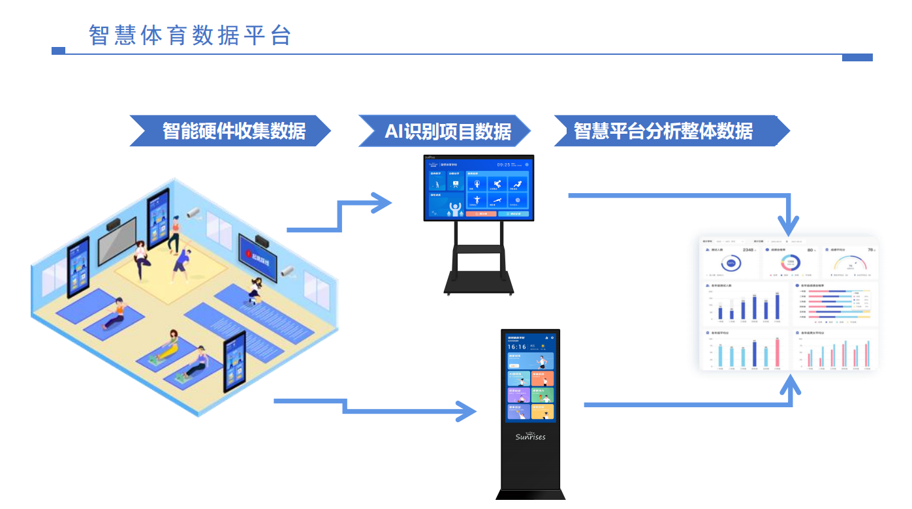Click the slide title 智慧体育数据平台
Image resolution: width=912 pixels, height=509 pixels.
click(x=189, y=35)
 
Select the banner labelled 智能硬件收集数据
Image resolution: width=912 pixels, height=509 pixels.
click(x=233, y=131)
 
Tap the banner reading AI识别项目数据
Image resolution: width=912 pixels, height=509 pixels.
click(x=447, y=131)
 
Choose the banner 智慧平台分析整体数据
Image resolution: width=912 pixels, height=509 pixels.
click(x=663, y=131)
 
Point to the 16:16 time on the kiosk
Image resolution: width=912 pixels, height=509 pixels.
click(x=517, y=347)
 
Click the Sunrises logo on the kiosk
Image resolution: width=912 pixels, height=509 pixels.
click(x=530, y=436)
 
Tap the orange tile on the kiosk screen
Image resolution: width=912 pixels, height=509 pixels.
click(x=542, y=378)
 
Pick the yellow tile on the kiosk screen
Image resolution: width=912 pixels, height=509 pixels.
click(x=542, y=412)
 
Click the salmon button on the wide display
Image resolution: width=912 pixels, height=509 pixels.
click(x=480, y=213)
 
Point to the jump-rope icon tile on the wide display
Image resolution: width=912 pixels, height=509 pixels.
click(x=477, y=185)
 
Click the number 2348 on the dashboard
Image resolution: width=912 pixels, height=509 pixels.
click(x=748, y=250)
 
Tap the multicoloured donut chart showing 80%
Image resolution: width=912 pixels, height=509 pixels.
click(x=790, y=263)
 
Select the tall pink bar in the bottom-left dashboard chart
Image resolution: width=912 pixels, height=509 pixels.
click(x=778, y=352)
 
